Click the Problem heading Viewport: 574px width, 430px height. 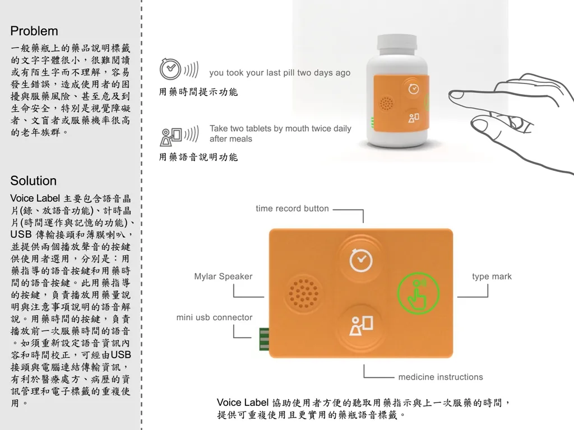coord(34,31)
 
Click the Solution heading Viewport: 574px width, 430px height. coord(33,181)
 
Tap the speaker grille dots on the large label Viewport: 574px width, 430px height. coord(303,293)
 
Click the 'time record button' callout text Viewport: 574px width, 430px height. coord(292,208)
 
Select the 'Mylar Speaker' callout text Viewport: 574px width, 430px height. coord(223,277)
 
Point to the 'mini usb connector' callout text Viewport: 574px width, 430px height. coord(214,317)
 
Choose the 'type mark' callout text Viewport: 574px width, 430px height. coord(492,277)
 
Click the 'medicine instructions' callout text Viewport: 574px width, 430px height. coord(440,377)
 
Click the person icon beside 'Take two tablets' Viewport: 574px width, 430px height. coord(170,135)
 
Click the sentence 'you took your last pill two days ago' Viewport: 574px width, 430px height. coord(279,73)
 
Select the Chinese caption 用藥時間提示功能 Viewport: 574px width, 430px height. coord(198,92)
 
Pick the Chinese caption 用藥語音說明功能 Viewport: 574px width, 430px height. coord(198,157)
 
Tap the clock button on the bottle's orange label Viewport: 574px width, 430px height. coord(413,88)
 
